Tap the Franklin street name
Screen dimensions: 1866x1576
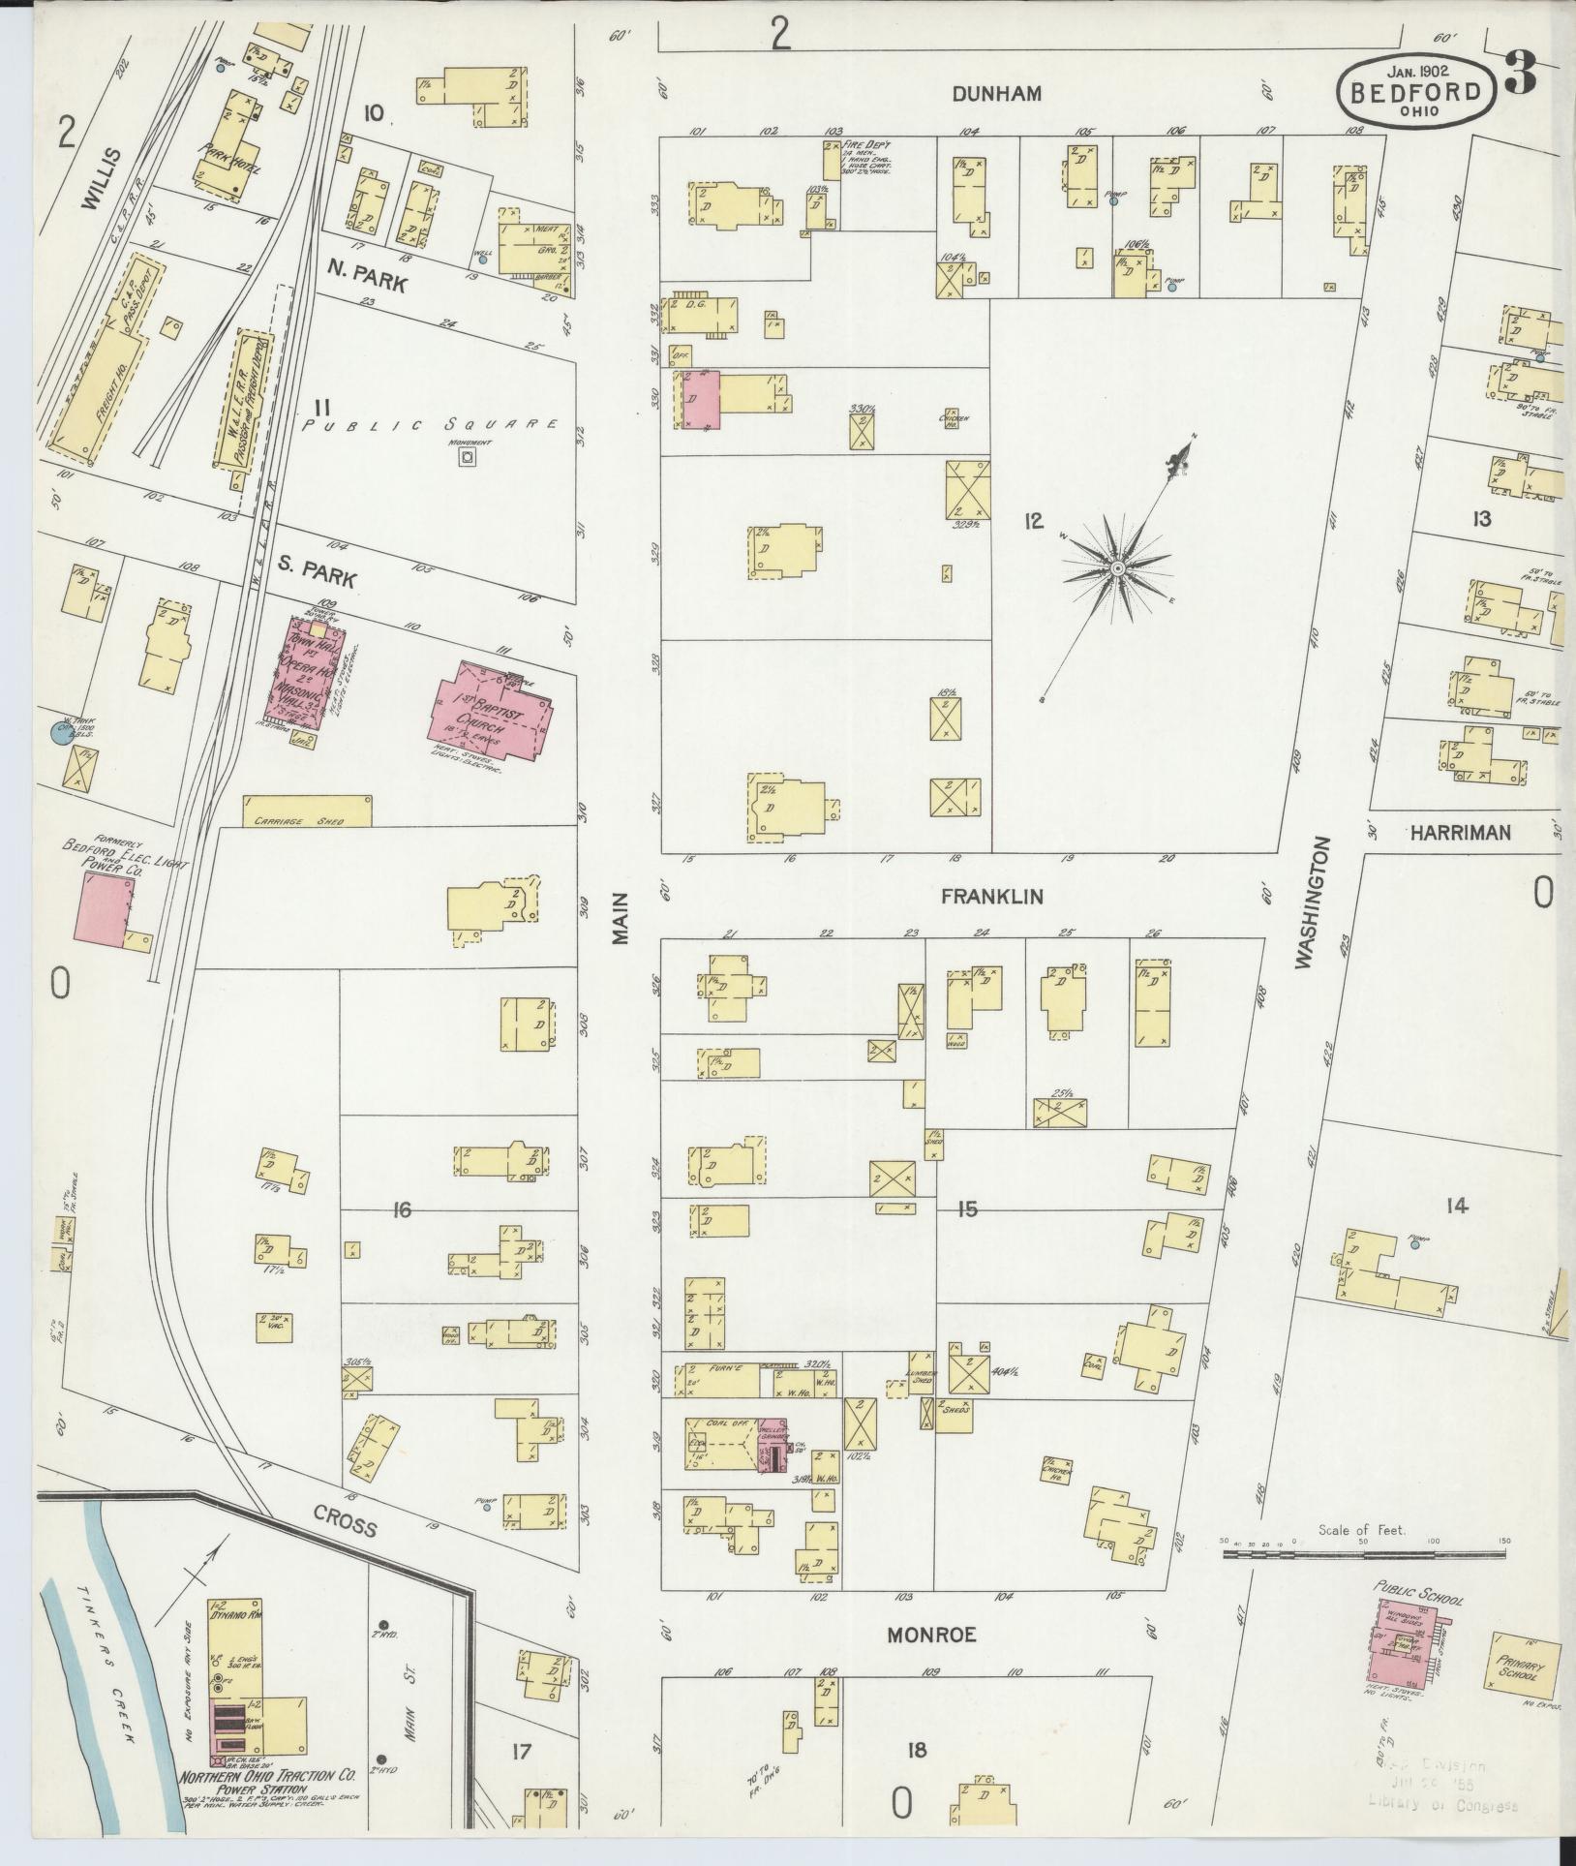pos(992,897)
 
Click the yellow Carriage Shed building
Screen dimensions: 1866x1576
pos(306,811)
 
